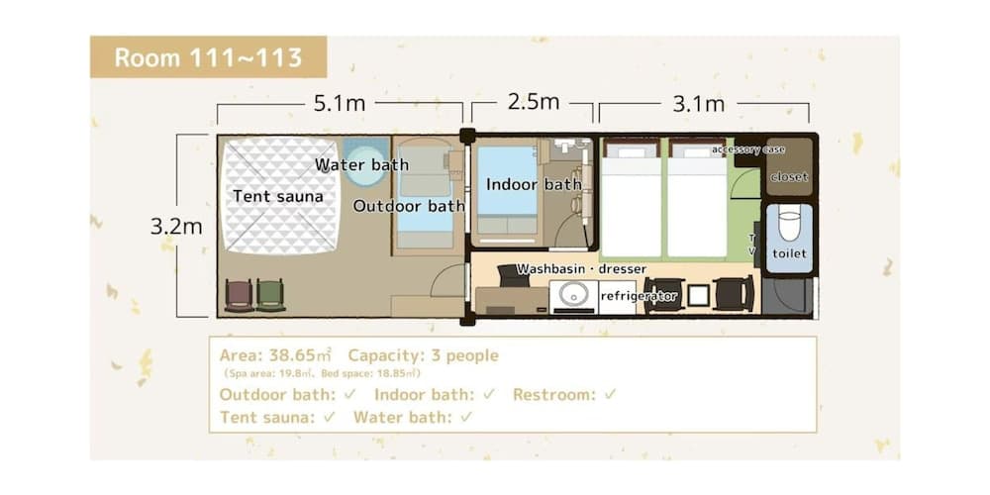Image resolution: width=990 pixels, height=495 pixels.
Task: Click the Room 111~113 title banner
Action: (x=208, y=56)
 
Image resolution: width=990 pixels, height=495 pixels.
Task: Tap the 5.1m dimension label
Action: (x=340, y=102)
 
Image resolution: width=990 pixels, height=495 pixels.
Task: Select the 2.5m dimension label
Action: (x=533, y=102)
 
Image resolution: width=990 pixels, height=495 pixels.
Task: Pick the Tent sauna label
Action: (x=278, y=196)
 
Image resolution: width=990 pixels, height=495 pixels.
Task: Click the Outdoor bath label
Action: (x=409, y=206)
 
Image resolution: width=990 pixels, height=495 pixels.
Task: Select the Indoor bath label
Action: (x=534, y=184)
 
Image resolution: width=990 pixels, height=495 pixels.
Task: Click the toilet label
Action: (x=789, y=253)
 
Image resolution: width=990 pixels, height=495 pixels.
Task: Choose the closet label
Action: (x=789, y=177)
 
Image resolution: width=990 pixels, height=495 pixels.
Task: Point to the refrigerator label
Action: (x=639, y=295)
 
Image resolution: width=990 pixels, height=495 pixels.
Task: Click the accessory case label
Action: (x=747, y=149)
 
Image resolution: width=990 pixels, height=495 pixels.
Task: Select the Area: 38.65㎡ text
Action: (x=275, y=355)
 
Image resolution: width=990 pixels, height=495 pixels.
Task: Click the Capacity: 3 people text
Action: (x=423, y=355)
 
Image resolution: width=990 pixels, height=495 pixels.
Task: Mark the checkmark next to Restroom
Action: (x=611, y=394)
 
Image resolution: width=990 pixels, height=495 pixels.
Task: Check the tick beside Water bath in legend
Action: (x=466, y=417)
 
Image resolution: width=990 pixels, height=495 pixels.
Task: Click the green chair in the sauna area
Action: (x=270, y=295)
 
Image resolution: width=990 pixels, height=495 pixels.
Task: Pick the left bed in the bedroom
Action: (x=632, y=203)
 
